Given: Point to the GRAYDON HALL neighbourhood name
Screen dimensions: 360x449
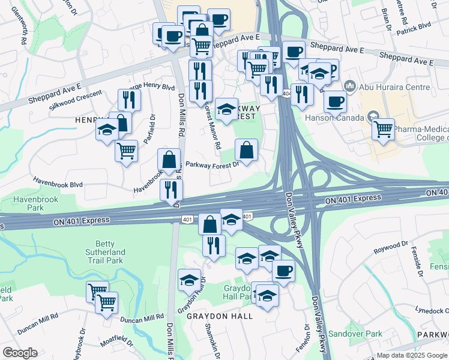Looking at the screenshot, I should coord(219,316).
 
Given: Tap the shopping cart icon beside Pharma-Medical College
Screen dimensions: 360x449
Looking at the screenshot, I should coord(382,129).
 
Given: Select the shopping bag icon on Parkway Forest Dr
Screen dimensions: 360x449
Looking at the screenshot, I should coord(246,149).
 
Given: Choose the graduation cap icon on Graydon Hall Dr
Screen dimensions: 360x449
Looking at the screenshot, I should coord(190,280).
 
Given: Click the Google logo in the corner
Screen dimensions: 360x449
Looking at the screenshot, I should coord(20,353).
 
